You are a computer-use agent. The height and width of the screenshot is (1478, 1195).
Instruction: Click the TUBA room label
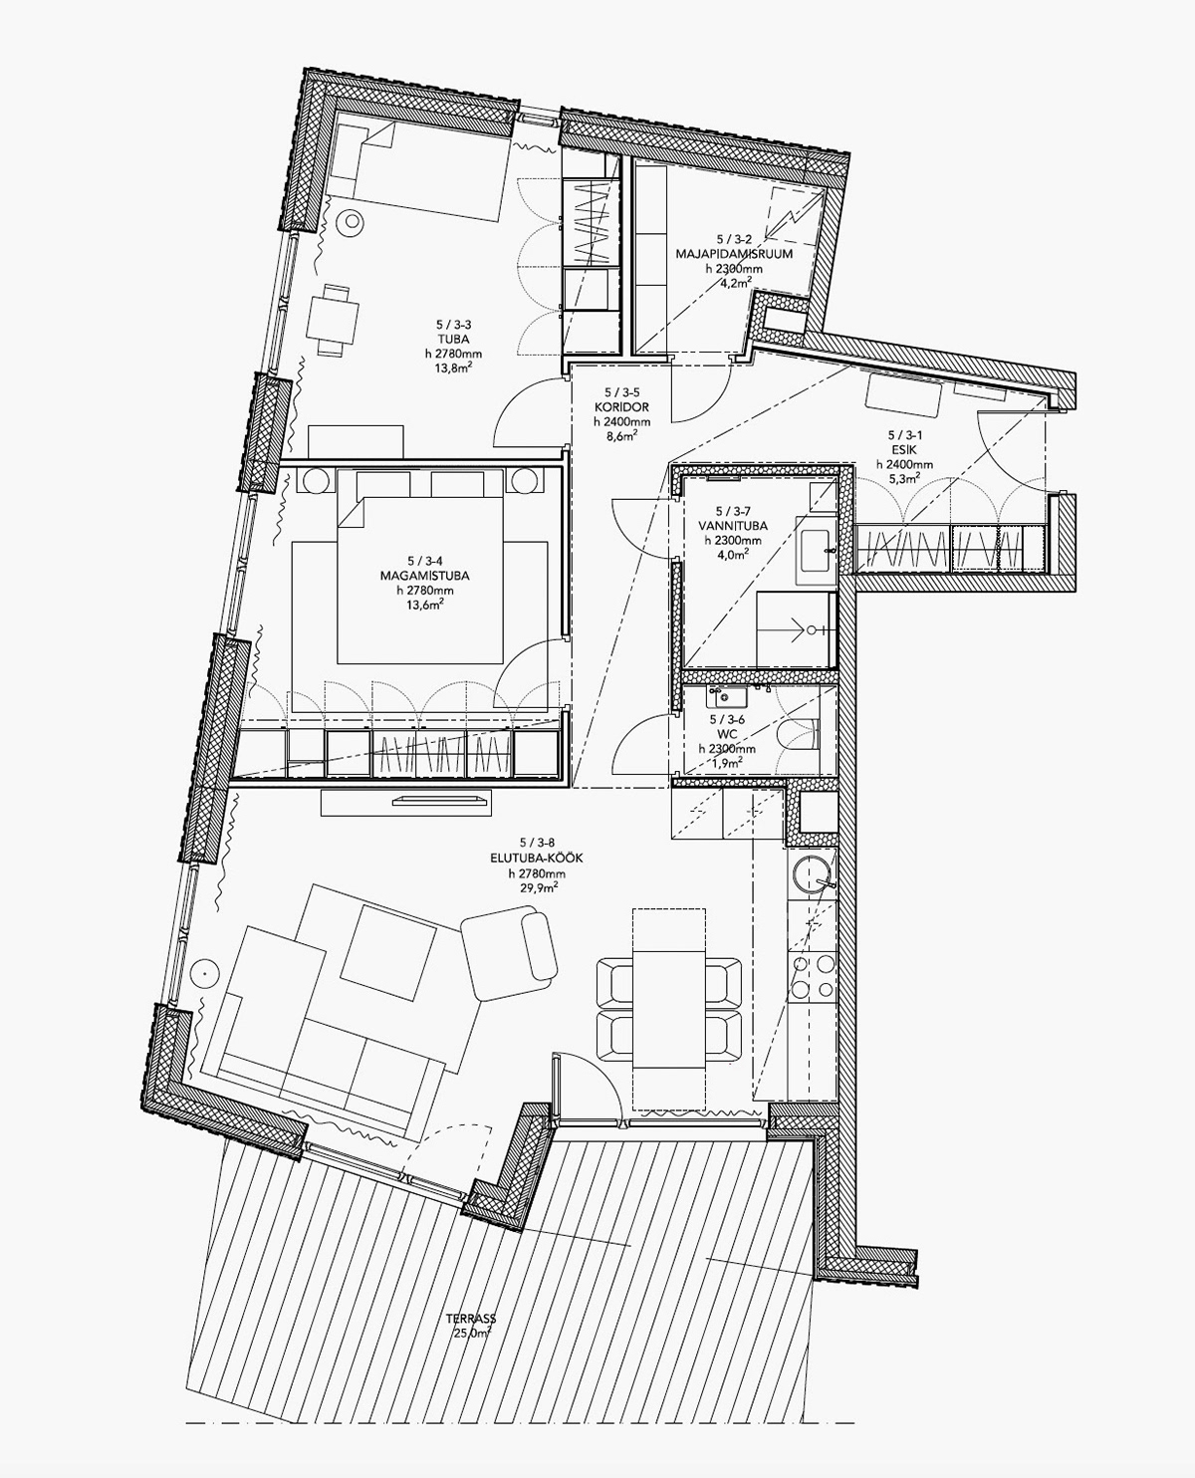(x=453, y=340)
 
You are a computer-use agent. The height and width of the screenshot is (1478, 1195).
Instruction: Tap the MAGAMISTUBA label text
(x=424, y=576)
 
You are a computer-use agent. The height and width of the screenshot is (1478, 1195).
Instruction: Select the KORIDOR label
(x=621, y=407)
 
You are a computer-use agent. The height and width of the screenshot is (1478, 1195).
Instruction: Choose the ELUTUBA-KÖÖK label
(x=536, y=859)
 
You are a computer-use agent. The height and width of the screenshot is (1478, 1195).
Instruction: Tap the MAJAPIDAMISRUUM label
(x=734, y=254)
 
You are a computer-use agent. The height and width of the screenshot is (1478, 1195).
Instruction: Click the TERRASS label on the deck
(x=472, y=1319)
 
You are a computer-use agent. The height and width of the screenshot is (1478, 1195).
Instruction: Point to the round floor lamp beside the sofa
(x=205, y=973)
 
